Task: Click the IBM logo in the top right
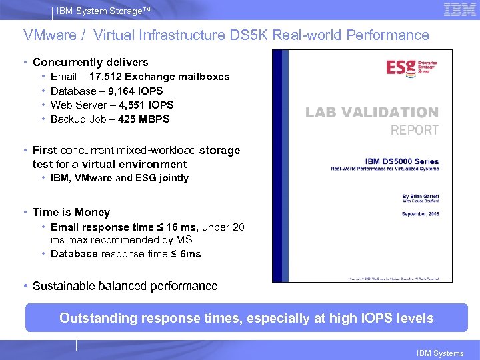pyautogui.click(x=460, y=10)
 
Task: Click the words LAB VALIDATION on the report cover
pyautogui.click(x=372, y=113)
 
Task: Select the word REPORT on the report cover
pyautogui.click(x=414, y=130)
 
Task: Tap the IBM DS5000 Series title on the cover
pyautogui.click(x=402, y=161)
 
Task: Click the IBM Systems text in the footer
pyautogui.click(x=439, y=353)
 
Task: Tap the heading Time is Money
pyautogui.click(x=71, y=212)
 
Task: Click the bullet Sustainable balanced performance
pyautogui.click(x=125, y=286)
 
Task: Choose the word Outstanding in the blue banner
pyautogui.click(x=97, y=318)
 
